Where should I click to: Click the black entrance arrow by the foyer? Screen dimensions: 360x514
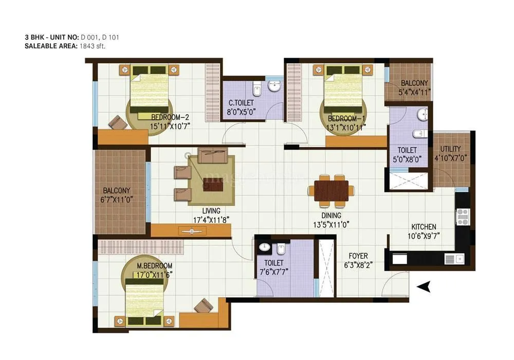pos(423,287)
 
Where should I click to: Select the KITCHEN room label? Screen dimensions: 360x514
pos(424,227)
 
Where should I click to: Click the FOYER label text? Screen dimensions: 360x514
pos(358,256)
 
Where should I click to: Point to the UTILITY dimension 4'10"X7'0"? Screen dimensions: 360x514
pos(451,158)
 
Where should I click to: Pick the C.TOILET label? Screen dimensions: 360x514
pos(241,103)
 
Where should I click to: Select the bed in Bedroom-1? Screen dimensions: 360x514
pos(343,91)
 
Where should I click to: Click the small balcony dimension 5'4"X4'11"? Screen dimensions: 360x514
pos(414,92)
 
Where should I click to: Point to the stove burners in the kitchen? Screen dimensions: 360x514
pos(461,216)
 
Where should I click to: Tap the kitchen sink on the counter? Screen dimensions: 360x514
pos(452,258)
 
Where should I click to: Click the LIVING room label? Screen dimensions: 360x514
pos(211,211)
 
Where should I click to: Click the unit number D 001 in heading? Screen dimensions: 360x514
pos(89,37)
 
